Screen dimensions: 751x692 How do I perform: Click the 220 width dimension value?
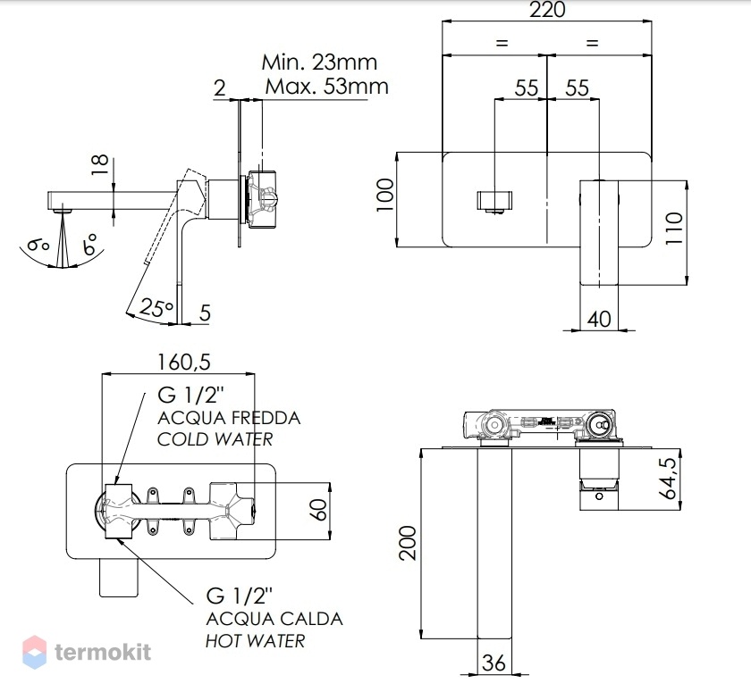pyautogui.click(x=547, y=10)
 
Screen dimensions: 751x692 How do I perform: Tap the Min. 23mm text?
pyautogui.click(x=319, y=63)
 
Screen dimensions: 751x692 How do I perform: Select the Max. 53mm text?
pyautogui.click(x=326, y=87)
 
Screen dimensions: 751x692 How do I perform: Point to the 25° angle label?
pyautogui.click(x=156, y=308)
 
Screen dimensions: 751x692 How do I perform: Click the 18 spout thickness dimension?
pyautogui.click(x=100, y=165)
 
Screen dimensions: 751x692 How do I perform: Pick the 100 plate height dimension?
pyautogui.click(x=385, y=195)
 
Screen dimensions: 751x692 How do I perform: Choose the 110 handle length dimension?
pyautogui.click(x=674, y=229)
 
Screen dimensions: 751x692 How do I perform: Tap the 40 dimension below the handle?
pyautogui.click(x=599, y=319)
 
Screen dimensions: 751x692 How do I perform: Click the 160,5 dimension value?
pyautogui.click(x=184, y=362)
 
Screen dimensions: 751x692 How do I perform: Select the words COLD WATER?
pyautogui.click(x=215, y=439)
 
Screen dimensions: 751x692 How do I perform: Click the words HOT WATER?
pyautogui.click(x=256, y=641)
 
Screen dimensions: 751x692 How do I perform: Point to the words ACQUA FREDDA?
pyautogui.click(x=229, y=418)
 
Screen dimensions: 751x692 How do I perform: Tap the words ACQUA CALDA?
pyautogui.click(x=274, y=619)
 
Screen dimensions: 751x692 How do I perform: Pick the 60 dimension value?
pyautogui.click(x=318, y=510)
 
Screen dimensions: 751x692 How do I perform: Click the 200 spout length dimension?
pyautogui.click(x=408, y=543)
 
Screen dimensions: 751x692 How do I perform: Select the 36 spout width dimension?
pyautogui.click(x=494, y=663)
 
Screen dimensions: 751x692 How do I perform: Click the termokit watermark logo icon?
pyautogui.click(x=35, y=652)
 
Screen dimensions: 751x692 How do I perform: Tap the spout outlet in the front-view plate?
pyautogui.click(x=494, y=201)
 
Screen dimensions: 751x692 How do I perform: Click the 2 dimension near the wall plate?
pyautogui.click(x=219, y=88)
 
